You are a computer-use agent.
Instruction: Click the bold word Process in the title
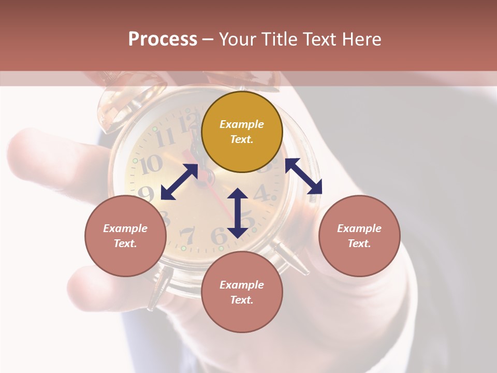pyautogui.click(x=163, y=39)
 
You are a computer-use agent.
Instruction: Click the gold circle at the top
pyautogui.click(x=242, y=132)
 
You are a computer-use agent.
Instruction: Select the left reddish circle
pyautogui.click(x=125, y=236)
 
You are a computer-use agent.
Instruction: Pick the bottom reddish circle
pyautogui.click(x=242, y=292)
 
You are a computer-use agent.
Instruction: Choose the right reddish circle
pyautogui.click(x=359, y=236)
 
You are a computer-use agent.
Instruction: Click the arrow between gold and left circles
pyautogui.click(x=179, y=182)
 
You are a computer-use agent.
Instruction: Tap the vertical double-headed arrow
pyautogui.click(x=238, y=213)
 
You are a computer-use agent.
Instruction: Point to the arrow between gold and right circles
pyautogui.click(x=303, y=176)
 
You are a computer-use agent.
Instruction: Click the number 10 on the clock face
pyautogui.click(x=151, y=165)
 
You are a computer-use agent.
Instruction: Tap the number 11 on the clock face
pyautogui.click(x=166, y=137)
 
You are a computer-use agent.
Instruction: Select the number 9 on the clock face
pyautogui.click(x=146, y=193)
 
